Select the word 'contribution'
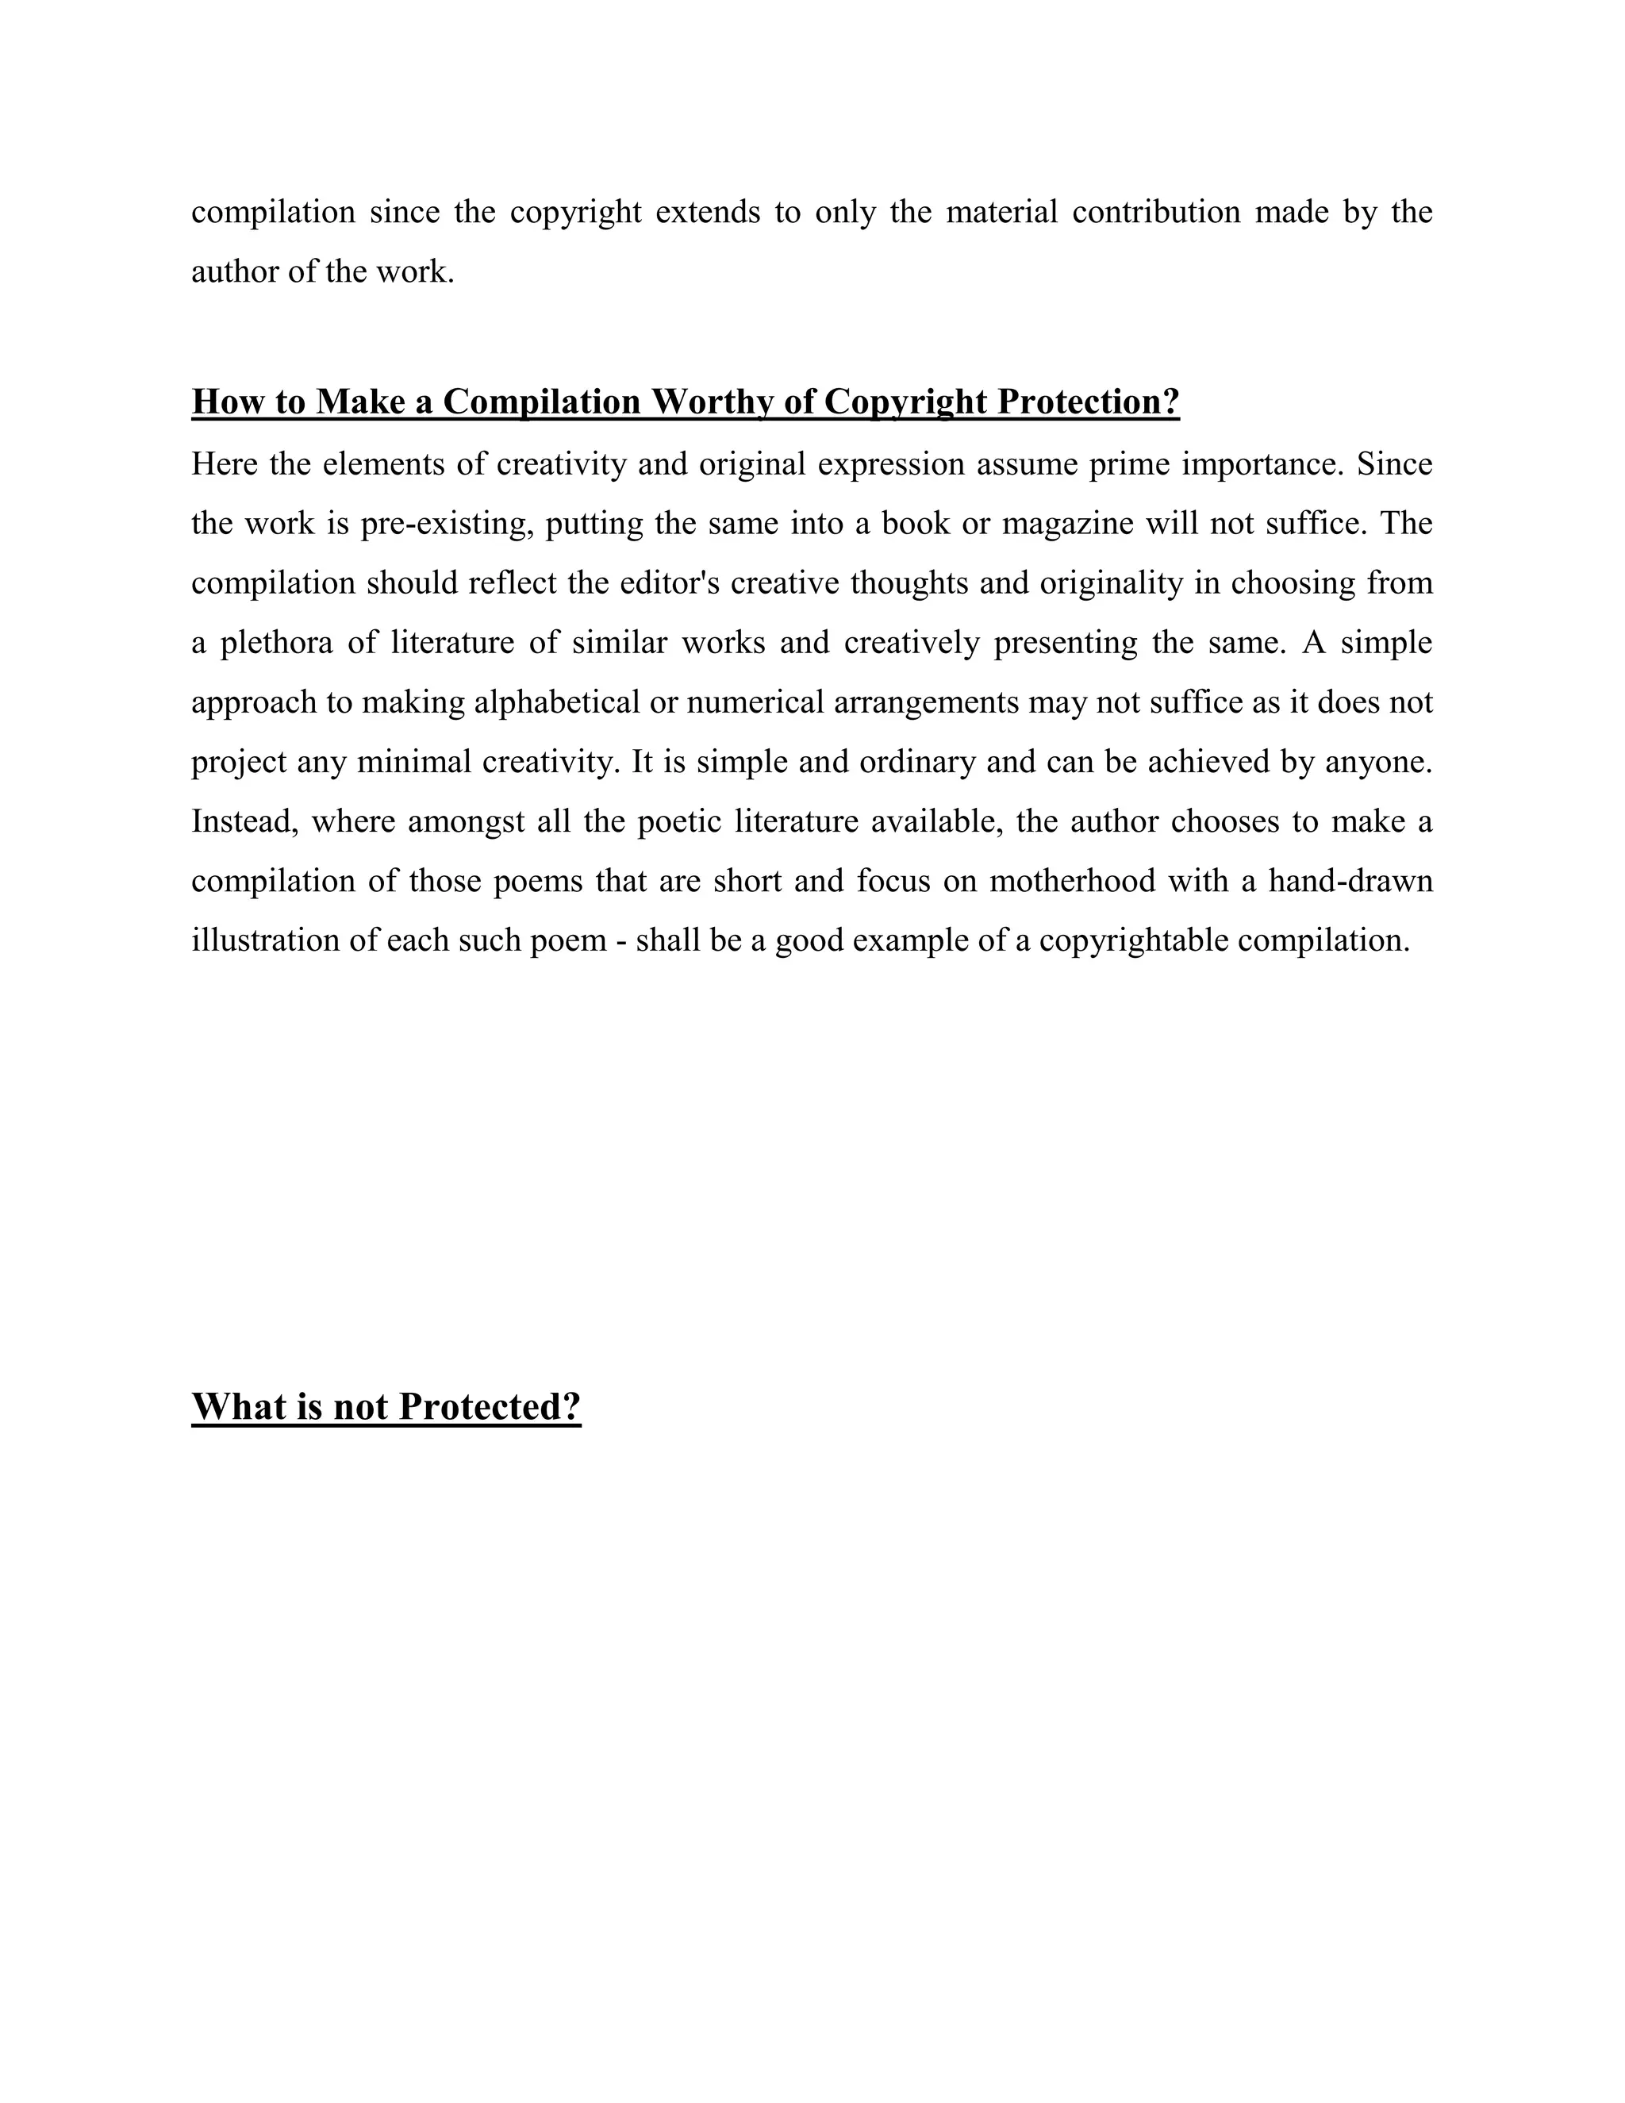1156,212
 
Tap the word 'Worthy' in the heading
713,402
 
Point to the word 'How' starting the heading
221,402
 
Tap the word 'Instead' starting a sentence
245,822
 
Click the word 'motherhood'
1073,882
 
